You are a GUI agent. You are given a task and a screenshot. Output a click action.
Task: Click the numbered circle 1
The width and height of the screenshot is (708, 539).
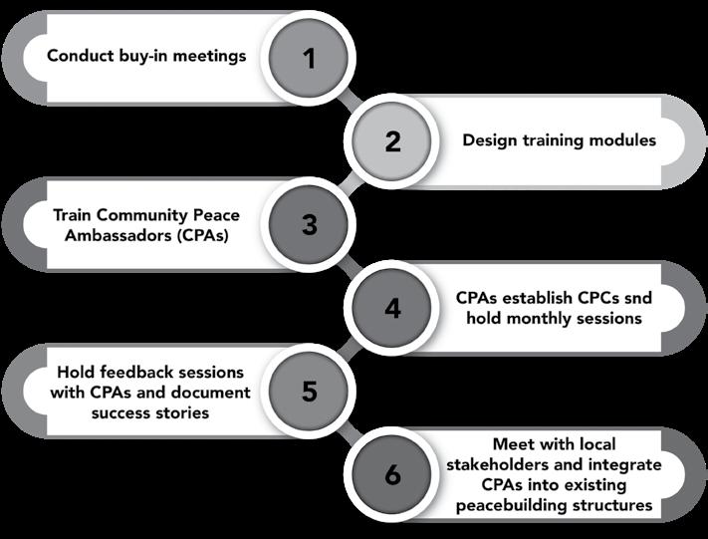point(310,57)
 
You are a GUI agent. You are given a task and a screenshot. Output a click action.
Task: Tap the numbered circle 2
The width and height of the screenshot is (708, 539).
point(392,140)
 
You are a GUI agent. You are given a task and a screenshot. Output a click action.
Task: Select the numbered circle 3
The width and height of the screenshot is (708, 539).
point(310,224)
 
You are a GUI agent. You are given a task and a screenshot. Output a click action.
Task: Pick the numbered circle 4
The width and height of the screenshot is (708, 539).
point(392,308)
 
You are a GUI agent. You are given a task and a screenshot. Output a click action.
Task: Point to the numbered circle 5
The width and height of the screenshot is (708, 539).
point(310,391)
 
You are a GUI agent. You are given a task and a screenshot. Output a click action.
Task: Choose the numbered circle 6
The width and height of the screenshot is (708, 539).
point(392,474)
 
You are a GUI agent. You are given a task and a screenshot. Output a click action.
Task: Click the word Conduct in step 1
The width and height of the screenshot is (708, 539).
point(78,56)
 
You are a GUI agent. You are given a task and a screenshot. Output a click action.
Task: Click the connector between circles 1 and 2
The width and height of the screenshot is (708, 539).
point(351,99)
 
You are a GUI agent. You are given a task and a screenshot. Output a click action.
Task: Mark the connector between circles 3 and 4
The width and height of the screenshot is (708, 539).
point(351,266)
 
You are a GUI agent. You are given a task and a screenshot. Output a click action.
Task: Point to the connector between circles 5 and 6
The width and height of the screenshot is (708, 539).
point(351,432)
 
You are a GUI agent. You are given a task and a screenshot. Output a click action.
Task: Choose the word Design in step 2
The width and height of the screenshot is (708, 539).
point(489,139)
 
